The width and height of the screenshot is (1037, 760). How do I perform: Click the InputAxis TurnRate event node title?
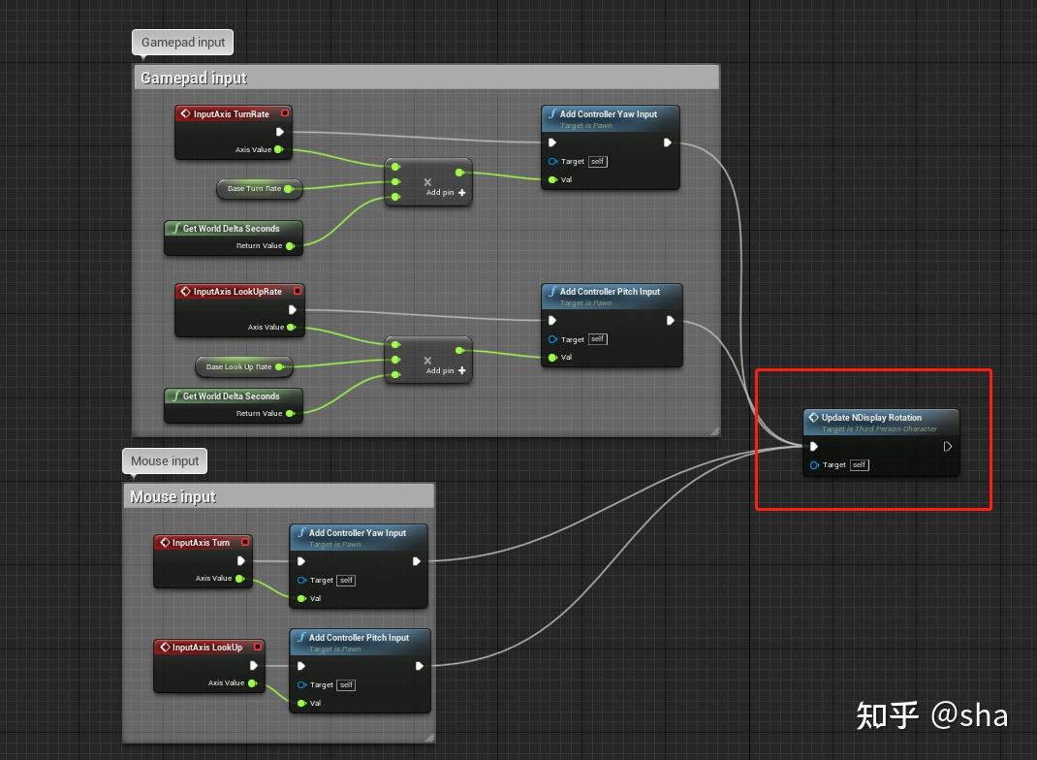(x=231, y=114)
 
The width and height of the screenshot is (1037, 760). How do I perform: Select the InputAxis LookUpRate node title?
(x=236, y=292)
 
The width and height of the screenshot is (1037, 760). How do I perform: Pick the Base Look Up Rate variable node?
(x=238, y=367)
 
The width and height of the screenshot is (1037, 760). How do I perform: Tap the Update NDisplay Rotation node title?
(x=871, y=418)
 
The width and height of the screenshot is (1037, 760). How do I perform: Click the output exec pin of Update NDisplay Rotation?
(x=947, y=447)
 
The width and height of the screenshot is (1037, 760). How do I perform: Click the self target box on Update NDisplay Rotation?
(x=860, y=465)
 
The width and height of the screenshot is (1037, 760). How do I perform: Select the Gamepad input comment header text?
(x=194, y=79)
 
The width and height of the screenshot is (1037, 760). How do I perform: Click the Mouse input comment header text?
(x=173, y=497)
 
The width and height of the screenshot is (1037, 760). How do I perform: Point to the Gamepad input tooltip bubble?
(x=183, y=43)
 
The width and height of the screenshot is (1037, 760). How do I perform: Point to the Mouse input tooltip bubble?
(x=165, y=461)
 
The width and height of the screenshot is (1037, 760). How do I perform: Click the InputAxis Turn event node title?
(x=201, y=543)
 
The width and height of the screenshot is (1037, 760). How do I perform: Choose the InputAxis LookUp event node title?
(x=206, y=648)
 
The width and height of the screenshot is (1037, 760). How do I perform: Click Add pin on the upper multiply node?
(x=446, y=193)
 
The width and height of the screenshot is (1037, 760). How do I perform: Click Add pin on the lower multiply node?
(x=446, y=370)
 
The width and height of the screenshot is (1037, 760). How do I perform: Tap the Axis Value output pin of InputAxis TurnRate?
(x=278, y=149)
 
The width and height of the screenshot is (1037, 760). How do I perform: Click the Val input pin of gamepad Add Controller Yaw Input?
(x=552, y=179)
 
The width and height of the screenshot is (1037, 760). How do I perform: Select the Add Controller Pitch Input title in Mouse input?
(x=359, y=638)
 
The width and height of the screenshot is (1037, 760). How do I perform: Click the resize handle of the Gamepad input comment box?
(x=714, y=430)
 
